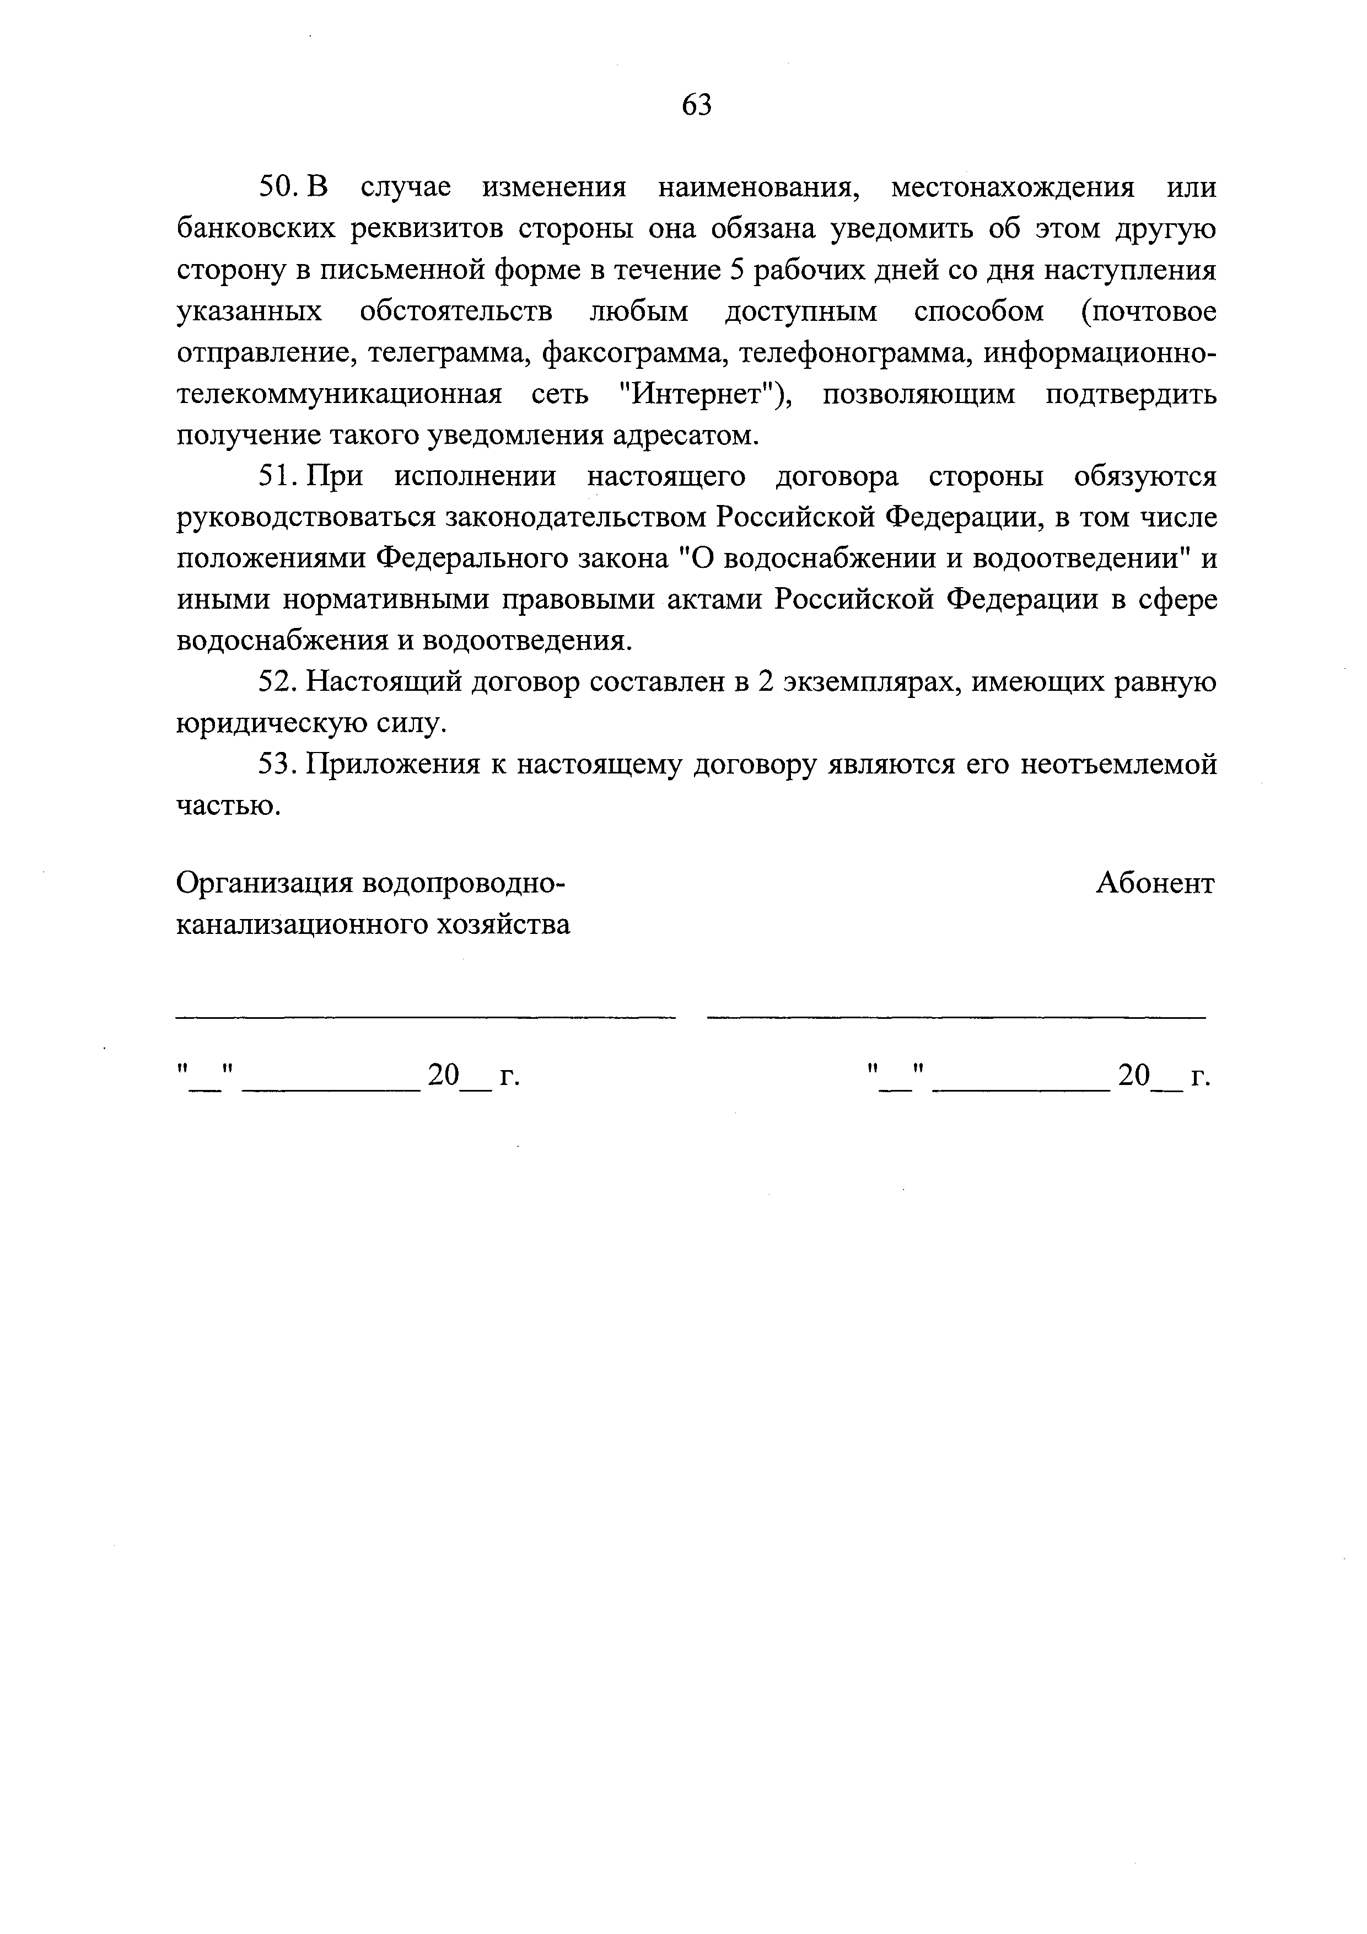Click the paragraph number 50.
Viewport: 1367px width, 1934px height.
276,187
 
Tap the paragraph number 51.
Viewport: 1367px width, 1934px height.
276,477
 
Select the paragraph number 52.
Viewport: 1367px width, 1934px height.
276,683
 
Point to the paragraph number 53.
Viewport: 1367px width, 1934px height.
276,765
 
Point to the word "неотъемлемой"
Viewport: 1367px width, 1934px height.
1118,765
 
